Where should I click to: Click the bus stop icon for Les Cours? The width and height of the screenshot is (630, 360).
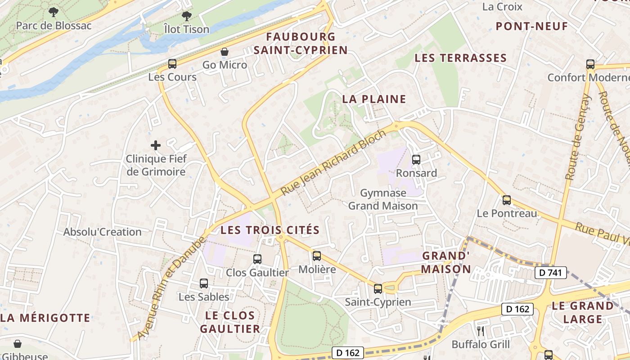coord(172,63)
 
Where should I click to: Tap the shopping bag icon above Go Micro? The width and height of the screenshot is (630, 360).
coord(224,52)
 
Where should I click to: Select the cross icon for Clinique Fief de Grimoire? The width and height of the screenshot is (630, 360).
coord(156,145)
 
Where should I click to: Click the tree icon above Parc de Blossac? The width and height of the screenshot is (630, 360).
coord(54,12)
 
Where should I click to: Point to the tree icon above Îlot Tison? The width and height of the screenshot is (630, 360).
coord(186,16)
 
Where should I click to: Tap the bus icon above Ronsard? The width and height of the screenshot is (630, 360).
coord(416,159)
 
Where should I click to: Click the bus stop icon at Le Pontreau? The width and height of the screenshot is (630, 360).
coord(507,200)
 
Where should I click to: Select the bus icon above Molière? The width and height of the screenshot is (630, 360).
coord(317,256)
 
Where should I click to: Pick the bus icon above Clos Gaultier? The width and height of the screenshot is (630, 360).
coord(257,259)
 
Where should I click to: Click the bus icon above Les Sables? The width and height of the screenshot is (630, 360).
coord(204,283)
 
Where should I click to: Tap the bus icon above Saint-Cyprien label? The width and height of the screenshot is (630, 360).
coord(378,288)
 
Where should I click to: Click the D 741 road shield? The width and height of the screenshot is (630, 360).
coord(550,272)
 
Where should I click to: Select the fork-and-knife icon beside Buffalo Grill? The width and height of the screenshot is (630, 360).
coord(481,331)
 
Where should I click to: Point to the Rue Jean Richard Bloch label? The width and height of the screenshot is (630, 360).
coord(333,163)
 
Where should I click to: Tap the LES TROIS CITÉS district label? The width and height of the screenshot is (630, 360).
coord(270,230)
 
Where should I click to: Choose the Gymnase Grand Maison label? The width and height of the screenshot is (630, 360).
coord(383,199)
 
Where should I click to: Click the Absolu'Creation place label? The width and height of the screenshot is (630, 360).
coord(103,232)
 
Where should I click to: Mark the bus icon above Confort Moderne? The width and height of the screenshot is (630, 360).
coord(590,64)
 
